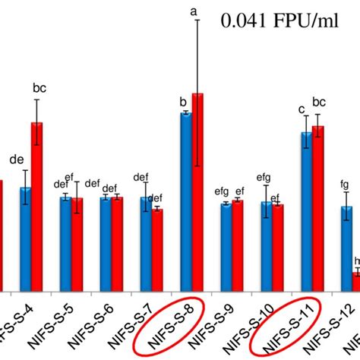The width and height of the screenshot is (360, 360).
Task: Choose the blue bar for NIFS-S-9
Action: [226, 247]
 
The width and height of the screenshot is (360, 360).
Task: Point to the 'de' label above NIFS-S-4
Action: [17, 160]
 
